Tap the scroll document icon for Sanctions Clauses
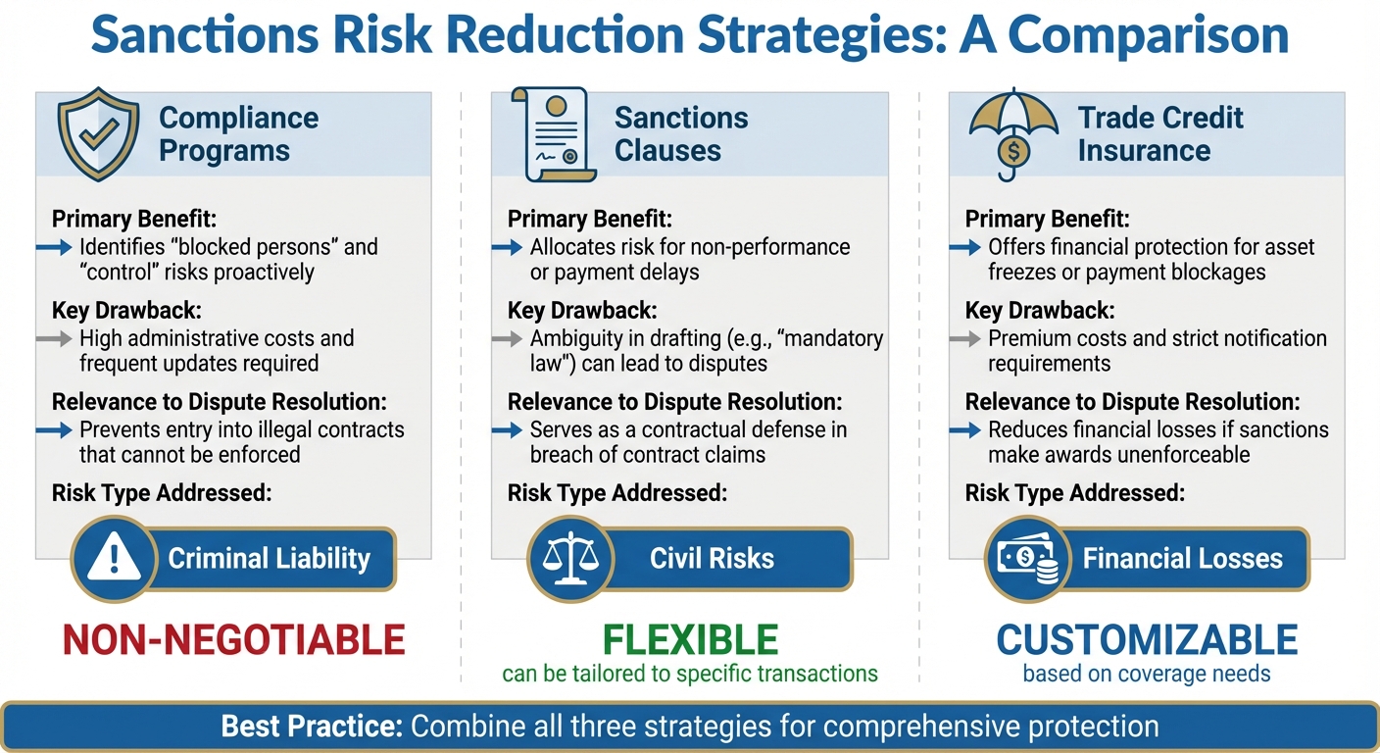(x=552, y=135)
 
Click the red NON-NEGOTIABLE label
(x=233, y=640)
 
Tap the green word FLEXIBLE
(x=690, y=640)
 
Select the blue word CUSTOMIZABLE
(x=1147, y=640)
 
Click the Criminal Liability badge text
(x=269, y=559)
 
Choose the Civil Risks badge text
(x=712, y=559)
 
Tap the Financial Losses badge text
(x=1182, y=559)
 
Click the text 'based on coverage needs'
(x=1147, y=674)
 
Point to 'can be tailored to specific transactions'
(x=690, y=674)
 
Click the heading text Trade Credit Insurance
(x=1159, y=134)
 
